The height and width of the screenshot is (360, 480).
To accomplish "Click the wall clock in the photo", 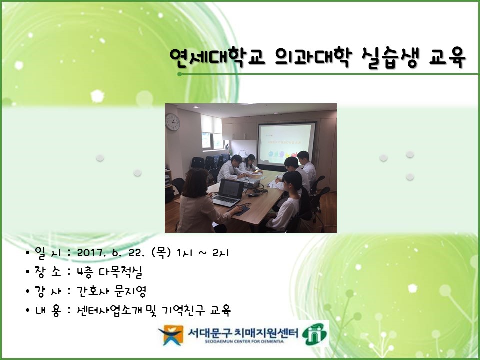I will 172,121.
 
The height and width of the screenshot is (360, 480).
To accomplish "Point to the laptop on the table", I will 228,192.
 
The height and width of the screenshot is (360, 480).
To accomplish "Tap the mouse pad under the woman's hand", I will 242,210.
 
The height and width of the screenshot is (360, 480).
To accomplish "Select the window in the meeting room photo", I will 211,131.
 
